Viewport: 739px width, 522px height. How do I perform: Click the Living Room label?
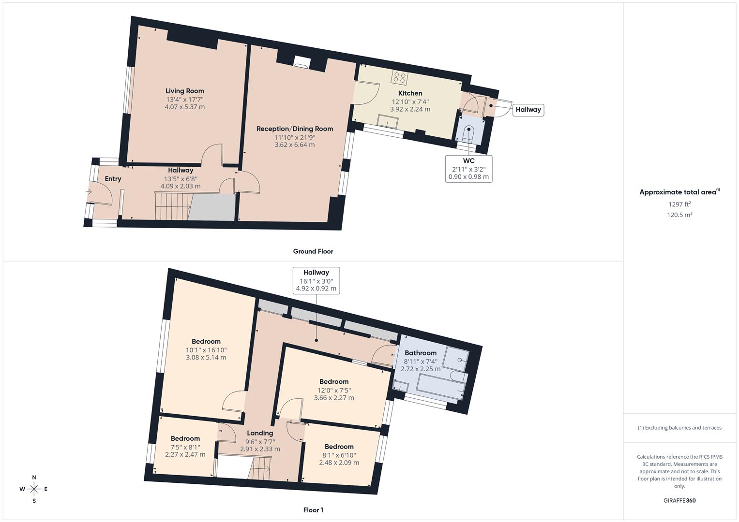(184, 91)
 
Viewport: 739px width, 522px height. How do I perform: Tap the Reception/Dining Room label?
(294, 129)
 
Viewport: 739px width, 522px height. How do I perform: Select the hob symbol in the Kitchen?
(399, 77)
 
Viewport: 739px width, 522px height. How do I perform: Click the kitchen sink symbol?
(388, 121)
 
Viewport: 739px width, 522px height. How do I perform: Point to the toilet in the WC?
(468, 132)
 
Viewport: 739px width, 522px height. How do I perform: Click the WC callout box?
(468, 168)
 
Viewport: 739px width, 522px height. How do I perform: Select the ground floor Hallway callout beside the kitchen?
(528, 110)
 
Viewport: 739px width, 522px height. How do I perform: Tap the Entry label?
(113, 179)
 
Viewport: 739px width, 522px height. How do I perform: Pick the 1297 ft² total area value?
(679, 204)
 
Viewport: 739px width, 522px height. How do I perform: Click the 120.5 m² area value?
(679, 215)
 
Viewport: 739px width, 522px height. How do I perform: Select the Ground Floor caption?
(313, 251)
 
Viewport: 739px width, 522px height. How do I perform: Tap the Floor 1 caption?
(313, 510)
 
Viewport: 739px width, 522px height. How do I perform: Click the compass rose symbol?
(34, 489)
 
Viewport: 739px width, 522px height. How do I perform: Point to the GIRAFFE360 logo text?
(679, 501)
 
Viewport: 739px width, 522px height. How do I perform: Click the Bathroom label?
(420, 353)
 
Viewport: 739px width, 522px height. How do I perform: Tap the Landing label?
(260, 433)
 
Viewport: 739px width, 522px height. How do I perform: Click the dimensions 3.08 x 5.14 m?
(206, 358)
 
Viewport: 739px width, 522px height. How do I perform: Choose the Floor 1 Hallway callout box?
(316, 280)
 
